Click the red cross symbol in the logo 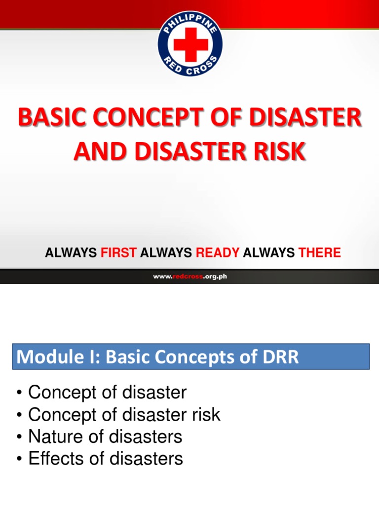coord(190,43)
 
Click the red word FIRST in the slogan coord(118,253)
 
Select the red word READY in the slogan coord(218,253)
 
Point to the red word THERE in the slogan coord(319,253)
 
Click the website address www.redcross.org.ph coord(189,277)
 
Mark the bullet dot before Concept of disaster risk coord(19,415)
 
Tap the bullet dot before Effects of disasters coord(19,459)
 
